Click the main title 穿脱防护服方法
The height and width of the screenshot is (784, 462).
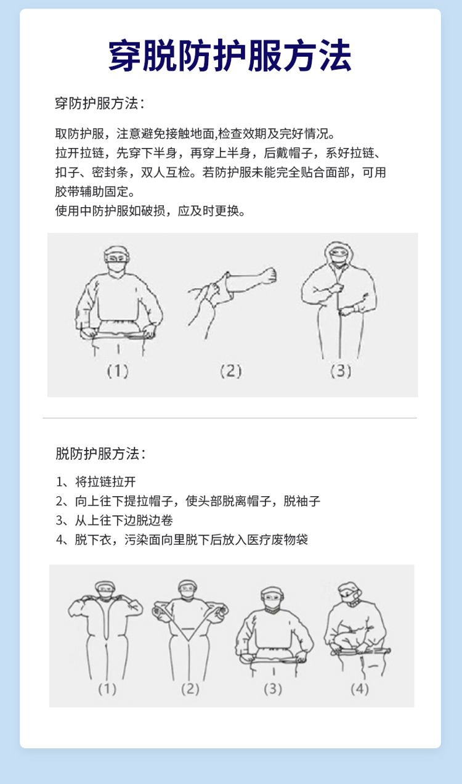pos(230,56)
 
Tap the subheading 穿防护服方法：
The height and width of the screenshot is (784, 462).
pos(100,104)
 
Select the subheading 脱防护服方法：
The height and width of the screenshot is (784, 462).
pos(100,454)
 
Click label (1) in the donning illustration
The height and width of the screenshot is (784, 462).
pos(118,371)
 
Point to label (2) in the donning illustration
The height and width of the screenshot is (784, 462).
pos(231,371)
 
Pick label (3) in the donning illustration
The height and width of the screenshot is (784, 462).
pos(341,371)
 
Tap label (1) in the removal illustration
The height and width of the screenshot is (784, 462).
pos(107,689)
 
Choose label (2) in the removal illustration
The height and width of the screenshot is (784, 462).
pos(190,689)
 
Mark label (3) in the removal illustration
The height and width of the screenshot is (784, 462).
pos(273,689)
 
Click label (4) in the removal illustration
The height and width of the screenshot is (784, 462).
pos(360,689)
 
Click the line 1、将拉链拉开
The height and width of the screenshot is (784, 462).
pos(96,482)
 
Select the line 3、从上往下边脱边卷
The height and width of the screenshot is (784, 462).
pos(115,520)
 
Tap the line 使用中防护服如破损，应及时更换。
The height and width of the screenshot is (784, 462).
pos(150,211)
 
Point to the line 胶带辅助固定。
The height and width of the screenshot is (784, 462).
pos(95,192)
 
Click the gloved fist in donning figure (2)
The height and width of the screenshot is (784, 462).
pos(270,275)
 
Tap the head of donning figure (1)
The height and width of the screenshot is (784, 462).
pos(117,259)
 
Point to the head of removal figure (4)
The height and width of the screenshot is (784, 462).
pos(350,594)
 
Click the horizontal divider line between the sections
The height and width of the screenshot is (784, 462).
pos(230,418)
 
